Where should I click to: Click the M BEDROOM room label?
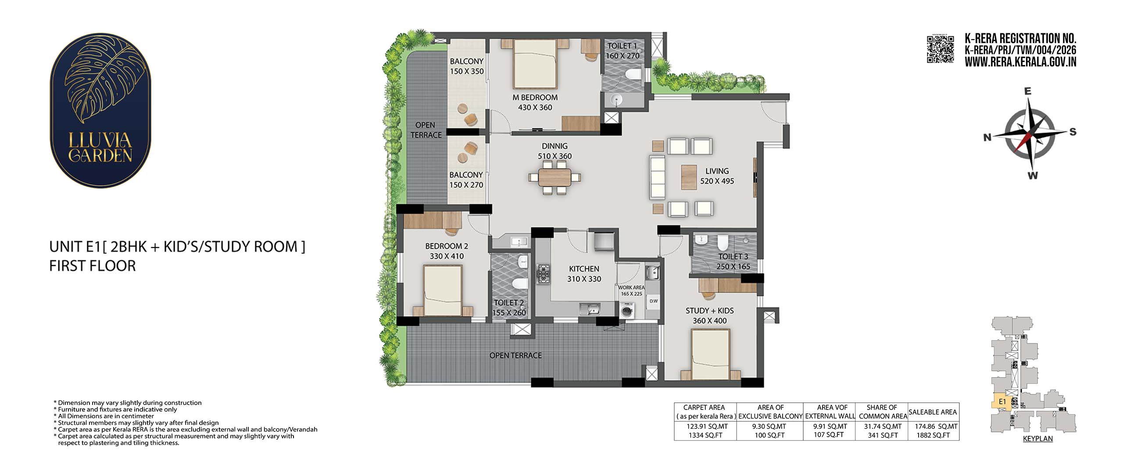pos(535,97)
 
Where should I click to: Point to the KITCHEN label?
pos(584,269)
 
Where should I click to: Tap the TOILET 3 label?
pos(733,257)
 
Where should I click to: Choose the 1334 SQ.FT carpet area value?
pos(705,435)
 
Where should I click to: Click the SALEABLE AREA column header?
pos(933,412)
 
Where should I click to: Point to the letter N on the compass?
pos(987,137)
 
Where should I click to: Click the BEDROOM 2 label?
pos(447,246)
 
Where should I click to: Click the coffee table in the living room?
pos(689,177)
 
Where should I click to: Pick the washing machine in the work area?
pos(627,311)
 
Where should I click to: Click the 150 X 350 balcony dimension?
pos(467,72)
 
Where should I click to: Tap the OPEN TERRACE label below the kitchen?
pos(515,355)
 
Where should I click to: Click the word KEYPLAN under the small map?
pos(1037,438)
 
